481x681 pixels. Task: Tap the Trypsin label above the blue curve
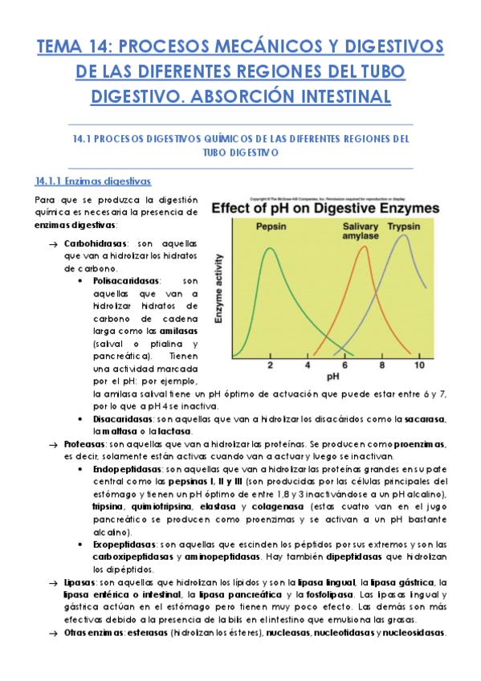click(406, 226)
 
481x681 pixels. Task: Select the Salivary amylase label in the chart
click(360, 231)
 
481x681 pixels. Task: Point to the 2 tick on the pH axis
click(270, 365)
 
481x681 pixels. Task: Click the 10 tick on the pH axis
click(418, 365)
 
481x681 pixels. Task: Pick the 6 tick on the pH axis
click(344, 365)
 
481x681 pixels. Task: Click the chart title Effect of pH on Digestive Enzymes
click(325, 209)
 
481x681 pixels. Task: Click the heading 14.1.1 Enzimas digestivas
click(92, 181)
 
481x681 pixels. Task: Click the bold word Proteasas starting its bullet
click(84, 444)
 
